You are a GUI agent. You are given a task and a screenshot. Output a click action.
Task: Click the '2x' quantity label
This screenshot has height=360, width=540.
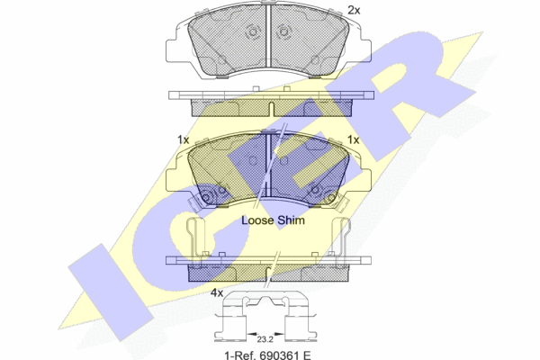coord(354,10)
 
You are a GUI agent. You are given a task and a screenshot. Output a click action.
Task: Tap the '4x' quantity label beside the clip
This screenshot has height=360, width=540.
coord(217,293)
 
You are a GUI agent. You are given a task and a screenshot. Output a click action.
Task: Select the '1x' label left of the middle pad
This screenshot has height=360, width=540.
coord(184,139)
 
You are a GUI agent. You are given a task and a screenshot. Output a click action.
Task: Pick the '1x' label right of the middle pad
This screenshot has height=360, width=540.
coord(353,139)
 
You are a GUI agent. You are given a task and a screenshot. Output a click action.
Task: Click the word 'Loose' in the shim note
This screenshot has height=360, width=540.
coord(257,220)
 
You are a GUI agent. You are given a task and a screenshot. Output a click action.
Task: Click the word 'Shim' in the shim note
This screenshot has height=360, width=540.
coord(291,220)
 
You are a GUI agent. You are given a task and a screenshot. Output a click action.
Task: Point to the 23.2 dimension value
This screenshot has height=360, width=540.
coord(265,339)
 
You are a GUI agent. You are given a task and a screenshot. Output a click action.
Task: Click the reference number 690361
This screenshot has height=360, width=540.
coord(276,355)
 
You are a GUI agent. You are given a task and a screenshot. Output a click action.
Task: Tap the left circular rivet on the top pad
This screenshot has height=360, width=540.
coord(253,32)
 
